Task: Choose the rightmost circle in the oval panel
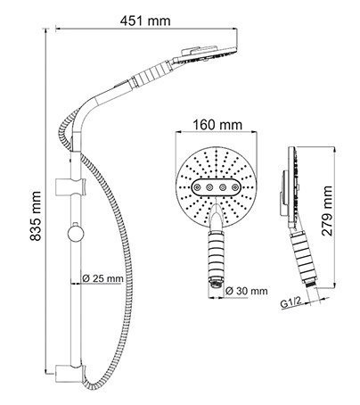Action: point(229,189)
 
